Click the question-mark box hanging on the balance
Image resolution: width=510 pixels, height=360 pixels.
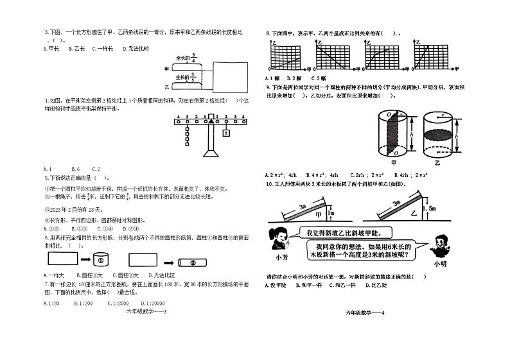point(226,133)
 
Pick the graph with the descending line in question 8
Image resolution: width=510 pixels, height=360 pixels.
point(328,56)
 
